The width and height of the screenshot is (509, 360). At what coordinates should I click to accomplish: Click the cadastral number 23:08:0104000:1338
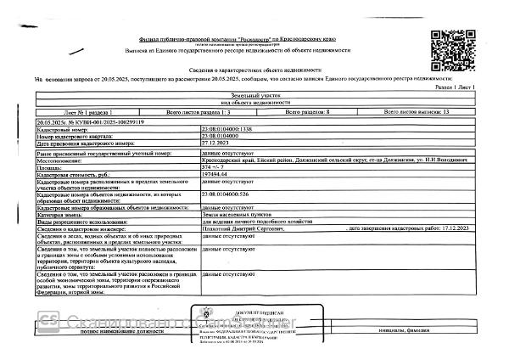[230, 129]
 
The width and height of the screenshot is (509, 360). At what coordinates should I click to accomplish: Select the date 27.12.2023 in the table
[216, 143]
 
